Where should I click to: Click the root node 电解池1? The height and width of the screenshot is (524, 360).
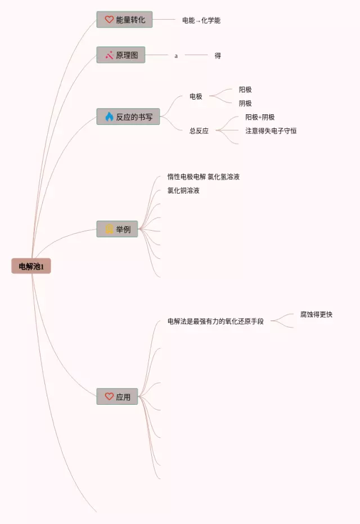tap(31, 266)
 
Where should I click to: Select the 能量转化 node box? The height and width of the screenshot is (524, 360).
tap(124, 20)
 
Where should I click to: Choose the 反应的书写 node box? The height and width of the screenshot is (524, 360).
tap(128, 117)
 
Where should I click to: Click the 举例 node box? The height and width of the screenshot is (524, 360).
tap(117, 229)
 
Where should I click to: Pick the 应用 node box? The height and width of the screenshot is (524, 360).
tap(117, 397)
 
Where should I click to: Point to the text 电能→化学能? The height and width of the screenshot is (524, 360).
tap(201, 20)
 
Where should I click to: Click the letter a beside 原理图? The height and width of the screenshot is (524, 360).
tap(176, 56)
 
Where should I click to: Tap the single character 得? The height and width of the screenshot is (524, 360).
tap(218, 56)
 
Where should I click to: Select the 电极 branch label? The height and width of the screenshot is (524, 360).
tap(196, 96)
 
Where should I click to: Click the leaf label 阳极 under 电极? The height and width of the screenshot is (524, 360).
tap(245, 89)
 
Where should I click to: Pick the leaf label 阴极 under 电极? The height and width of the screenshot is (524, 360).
tap(245, 104)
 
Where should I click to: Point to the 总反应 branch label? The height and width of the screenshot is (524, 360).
tap(199, 131)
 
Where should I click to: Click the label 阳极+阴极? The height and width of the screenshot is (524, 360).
tap(260, 117)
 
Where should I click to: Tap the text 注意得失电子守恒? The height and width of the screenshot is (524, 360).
tap(271, 131)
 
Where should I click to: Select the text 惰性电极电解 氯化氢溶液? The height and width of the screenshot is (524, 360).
tap(203, 177)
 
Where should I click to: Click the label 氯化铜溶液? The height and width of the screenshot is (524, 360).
tap(183, 190)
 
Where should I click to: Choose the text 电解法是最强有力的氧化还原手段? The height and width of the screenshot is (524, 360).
tap(215, 321)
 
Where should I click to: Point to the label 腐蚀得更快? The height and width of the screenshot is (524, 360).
tap(316, 314)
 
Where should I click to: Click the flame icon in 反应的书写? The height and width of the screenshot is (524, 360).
tap(109, 117)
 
